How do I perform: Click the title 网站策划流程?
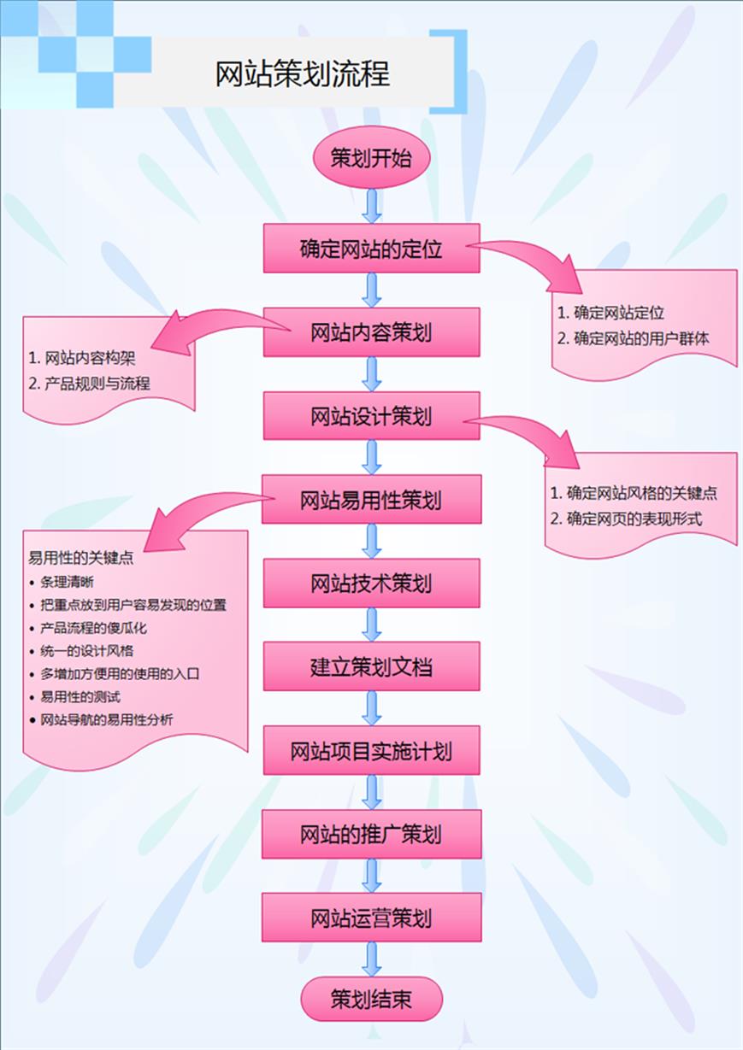303,74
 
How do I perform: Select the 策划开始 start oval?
370,158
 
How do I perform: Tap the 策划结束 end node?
371,999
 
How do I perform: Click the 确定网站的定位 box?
371,249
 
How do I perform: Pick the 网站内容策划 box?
371,332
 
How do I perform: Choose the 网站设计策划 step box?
371,416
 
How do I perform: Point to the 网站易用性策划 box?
371,499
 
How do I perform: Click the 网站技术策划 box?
371,584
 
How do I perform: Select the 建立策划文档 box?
371,666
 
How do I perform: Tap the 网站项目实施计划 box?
371,751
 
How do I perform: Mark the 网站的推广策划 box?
371,834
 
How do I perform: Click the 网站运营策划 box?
371,918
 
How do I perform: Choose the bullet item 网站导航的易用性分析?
106,719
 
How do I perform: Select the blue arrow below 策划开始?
371,205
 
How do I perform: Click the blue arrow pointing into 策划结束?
371,959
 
